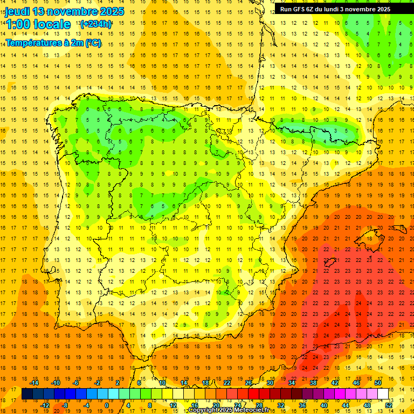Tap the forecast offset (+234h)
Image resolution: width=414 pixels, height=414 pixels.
tap(95, 24)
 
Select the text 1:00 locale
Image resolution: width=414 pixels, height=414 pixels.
tap(38, 24)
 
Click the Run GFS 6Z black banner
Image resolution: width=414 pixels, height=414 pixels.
tap(335, 9)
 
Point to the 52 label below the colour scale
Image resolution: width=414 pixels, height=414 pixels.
tap(389, 405)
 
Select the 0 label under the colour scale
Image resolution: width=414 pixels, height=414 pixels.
tap(107, 405)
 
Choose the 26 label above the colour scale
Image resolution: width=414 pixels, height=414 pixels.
tap(249, 383)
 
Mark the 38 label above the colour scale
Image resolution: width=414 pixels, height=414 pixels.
tap(313, 383)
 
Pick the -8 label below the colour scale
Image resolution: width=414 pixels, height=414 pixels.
tap(65, 405)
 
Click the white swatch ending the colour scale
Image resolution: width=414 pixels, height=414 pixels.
tap(383, 394)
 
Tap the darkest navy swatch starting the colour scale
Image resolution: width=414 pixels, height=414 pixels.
tap(27, 394)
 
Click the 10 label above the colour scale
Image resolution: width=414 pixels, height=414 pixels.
tap(162, 383)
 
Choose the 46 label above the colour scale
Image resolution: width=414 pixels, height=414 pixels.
tap(356, 383)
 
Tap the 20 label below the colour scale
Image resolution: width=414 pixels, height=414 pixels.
tap(216, 405)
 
